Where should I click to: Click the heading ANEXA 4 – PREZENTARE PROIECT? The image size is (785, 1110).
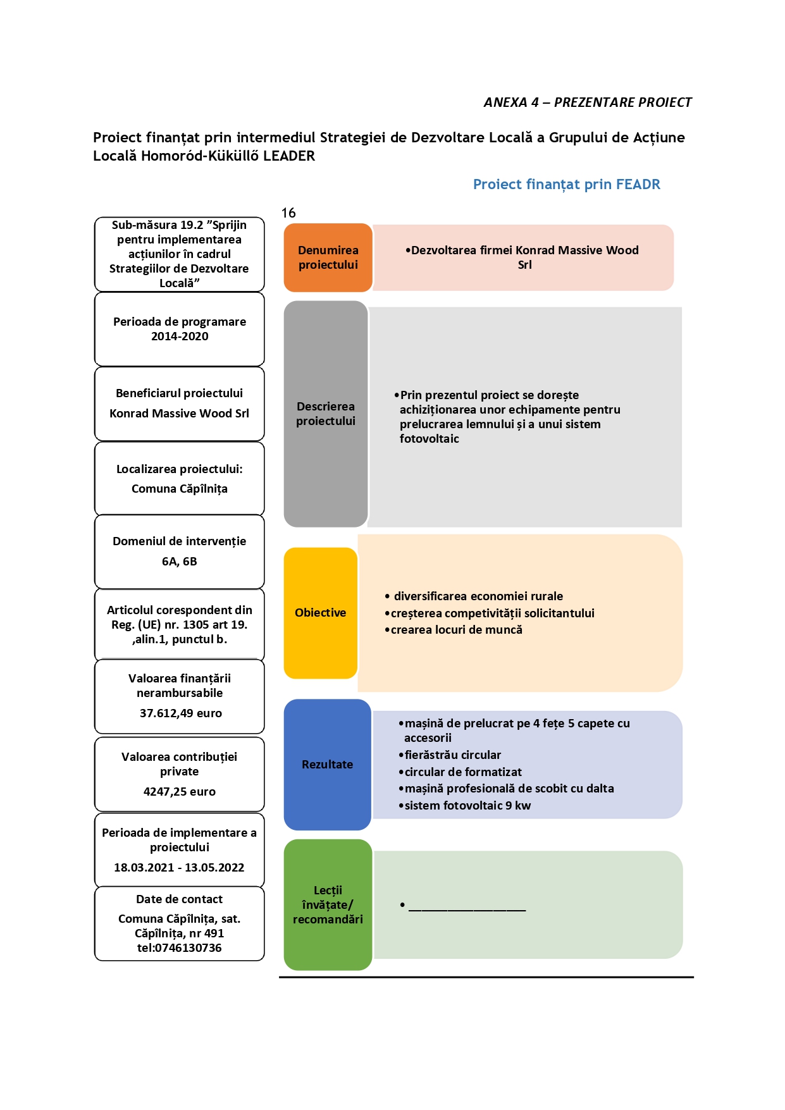coord(588,102)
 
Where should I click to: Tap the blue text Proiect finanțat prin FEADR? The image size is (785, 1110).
coord(567,185)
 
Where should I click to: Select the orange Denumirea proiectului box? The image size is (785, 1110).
coord(328,257)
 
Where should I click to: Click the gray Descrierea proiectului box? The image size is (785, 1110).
coord(326,414)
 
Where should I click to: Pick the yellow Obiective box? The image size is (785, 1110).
coord(321,613)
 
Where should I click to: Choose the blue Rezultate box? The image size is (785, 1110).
coord(327,765)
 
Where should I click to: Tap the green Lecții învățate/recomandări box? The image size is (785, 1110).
coord(328,904)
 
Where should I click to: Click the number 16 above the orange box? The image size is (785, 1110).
coord(288,213)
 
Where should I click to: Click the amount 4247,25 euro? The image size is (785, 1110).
coord(180,792)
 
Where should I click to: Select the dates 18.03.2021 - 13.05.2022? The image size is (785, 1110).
coord(179,868)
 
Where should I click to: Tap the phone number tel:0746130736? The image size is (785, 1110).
coord(180,948)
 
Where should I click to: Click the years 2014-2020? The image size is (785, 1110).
coord(180,336)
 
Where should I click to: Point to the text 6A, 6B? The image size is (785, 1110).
coord(180,562)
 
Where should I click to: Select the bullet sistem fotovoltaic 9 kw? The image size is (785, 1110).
coord(465,806)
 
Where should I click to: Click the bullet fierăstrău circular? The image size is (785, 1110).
coord(450,755)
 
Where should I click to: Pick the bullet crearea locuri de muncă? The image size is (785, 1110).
coord(454,630)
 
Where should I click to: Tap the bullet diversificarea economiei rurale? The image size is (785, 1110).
coord(474,596)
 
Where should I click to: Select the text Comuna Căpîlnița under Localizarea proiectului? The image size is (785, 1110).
coord(180,489)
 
